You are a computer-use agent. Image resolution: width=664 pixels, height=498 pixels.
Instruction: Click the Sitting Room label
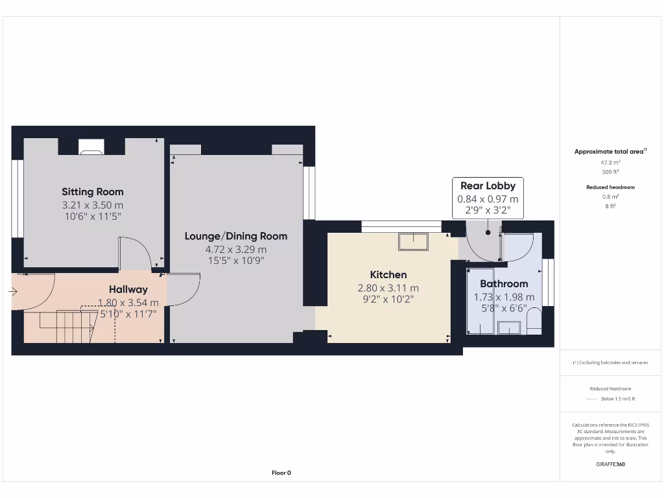[x=93, y=192]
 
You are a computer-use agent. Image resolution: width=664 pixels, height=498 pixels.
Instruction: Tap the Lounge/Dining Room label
[x=235, y=236]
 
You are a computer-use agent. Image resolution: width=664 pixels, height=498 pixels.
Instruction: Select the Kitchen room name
[x=388, y=275]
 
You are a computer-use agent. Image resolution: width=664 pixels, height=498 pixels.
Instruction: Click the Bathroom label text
[x=504, y=284]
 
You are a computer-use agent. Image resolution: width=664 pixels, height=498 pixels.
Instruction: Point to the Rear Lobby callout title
[x=488, y=186]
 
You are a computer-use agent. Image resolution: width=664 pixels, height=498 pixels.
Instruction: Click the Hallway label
[x=128, y=290]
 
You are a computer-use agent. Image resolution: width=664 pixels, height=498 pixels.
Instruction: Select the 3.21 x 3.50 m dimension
[x=92, y=205]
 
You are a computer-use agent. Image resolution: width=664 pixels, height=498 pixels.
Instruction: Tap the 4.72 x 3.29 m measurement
[x=235, y=249]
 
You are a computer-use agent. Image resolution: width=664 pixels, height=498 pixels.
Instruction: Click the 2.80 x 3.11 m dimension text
[x=388, y=288]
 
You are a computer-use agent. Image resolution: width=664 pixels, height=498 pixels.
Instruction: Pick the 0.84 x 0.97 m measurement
[x=488, y=199]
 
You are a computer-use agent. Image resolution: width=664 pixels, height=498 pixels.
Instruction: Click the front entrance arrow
[x=13, y=292]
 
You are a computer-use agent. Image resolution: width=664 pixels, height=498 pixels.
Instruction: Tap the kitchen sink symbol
[x=413, y=241]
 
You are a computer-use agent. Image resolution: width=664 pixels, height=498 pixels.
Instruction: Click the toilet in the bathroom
[x=533, y=322]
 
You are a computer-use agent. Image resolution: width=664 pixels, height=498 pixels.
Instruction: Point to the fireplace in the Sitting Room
[x=91, y=148]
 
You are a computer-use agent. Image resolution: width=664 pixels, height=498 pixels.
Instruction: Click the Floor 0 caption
[x=281, y=473]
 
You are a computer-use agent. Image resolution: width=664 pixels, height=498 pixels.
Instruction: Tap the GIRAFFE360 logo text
[x=610, y=464]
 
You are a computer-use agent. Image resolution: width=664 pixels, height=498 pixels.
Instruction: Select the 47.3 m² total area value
[x=610, y=162]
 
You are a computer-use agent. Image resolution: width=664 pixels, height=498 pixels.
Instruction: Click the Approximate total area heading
[x=610, y=152]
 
